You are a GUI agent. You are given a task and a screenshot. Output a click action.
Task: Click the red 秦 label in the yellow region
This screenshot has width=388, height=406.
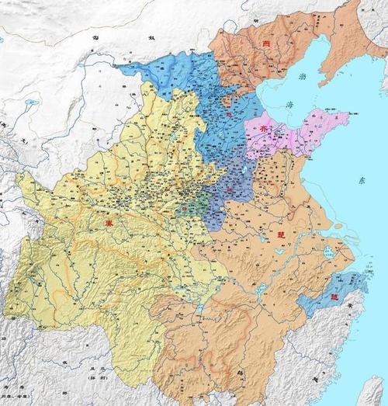pyautogui.click(x=107, y=223)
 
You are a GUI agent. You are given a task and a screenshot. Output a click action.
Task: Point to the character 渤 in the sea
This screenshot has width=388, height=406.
pyautogui.click(x=303, y=76)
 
